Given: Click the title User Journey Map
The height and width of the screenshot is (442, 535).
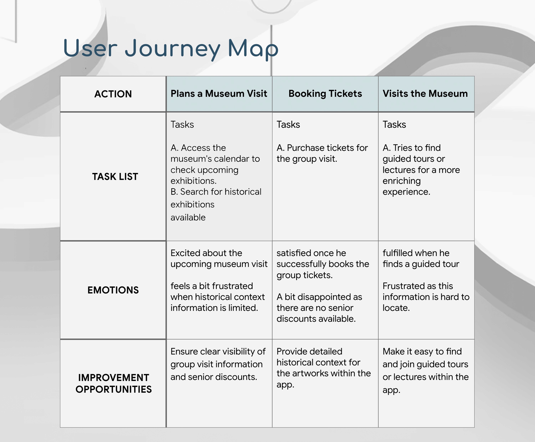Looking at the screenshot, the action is pyautogui.click(x=171, y=48).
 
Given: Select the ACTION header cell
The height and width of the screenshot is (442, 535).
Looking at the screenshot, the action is pyautogui.click(x=113, y=94).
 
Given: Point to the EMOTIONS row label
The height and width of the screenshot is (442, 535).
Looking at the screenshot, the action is pyautogui.click(x=113, y=290).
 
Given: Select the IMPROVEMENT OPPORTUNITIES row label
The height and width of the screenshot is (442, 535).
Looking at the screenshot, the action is pyautogui.click(x=113, y=383).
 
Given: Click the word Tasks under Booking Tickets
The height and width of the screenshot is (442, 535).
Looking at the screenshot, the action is pyautogui.click(x=288, y=125).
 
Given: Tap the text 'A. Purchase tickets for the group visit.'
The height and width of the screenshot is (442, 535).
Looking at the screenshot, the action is pyautogui.click(x=322, y=153).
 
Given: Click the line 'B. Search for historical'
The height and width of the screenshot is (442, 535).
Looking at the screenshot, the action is pyautogui.click(x=216, y=192).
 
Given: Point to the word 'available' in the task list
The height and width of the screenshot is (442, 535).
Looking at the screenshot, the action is pyautogui.click(x=188, y=217).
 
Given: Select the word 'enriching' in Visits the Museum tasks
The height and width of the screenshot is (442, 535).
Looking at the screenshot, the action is pyautogui.click(x=401, y=181).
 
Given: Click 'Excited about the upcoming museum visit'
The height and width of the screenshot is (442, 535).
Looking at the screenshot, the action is pyautogui.click(x=219, y=258).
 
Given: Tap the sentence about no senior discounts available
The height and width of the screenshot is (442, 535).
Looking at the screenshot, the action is pyautogui.click(x=319, y=308).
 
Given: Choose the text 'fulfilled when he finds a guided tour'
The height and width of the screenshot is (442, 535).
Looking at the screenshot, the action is pyautogui.click(x=421, y=258).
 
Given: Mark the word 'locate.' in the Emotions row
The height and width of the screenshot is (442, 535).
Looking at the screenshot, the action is pyautogui.click(x=396, y=308).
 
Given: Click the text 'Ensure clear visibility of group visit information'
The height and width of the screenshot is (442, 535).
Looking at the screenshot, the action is pyautogui.click(x=218, y=358).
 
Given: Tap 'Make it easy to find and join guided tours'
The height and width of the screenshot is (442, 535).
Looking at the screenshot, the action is pyautogui.click(x=425, y=358).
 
